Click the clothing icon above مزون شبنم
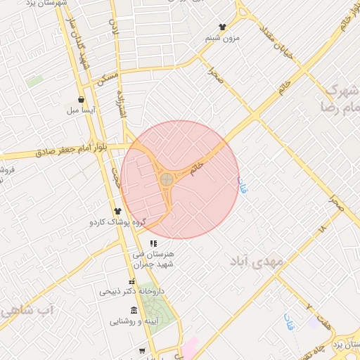(223, 27)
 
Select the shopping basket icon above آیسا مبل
(82, 100)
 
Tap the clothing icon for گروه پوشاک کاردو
(117, 210)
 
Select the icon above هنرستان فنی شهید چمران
(153, 243)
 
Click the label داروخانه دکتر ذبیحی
(131, 290)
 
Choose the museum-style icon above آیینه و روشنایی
(134, 310)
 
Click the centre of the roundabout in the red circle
(167, 180)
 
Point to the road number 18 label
(322, 229)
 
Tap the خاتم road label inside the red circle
(198, 167)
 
